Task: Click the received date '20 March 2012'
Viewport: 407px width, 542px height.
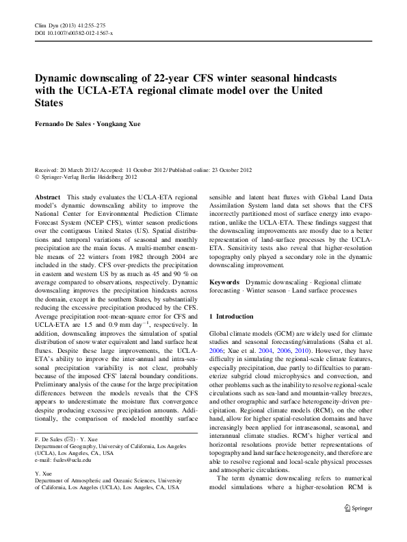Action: click(x=80, y=169)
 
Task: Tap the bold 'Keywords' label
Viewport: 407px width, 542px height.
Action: click(x=224, y=282)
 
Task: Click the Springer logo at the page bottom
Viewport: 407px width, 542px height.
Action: click(x=358, y=508)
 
